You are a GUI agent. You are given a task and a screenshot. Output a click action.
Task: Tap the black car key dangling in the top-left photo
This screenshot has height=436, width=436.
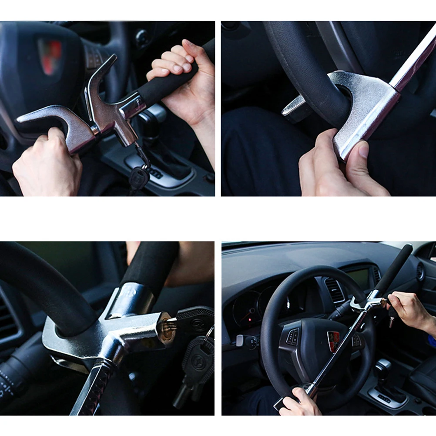[139, 177]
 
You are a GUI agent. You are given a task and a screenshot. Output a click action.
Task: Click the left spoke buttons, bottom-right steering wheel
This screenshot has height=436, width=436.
[293, 337]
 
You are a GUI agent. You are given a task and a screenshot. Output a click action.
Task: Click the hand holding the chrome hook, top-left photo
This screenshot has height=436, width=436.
[48, 161]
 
